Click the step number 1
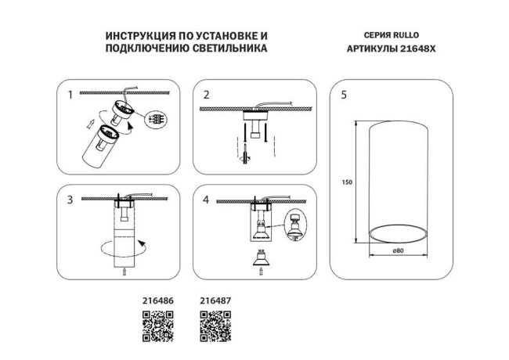(71, 95)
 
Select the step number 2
(207, 95)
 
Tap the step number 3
(71, 200)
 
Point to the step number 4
(207, 200)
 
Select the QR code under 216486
(156, 325)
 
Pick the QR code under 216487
(215, 325)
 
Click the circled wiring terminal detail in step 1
(159, 121)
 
